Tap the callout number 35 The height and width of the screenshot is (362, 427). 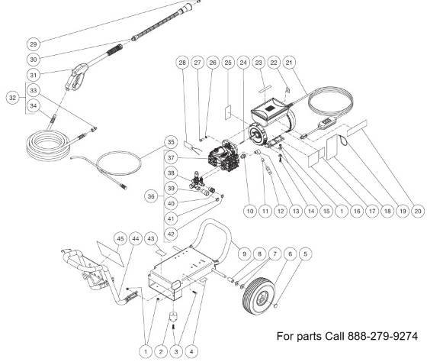pyautogui.click(x=172, y=142)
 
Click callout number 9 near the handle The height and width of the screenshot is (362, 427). pyautogui.click(x=245, y=253)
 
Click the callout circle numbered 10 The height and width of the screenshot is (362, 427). pyautogui.click(x=249, y=208)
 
